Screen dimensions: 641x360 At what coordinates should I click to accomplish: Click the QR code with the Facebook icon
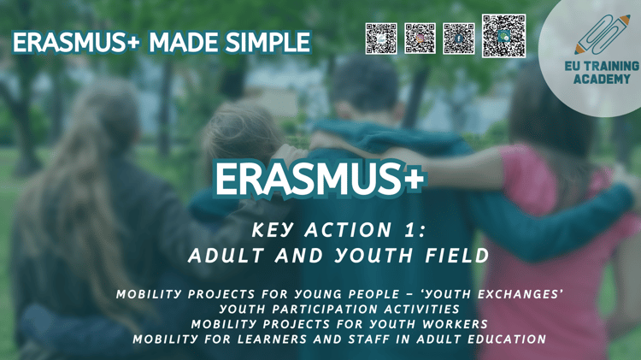click(x=459, y=38)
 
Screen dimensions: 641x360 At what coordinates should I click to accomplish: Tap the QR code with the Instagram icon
click(x=420, y=38)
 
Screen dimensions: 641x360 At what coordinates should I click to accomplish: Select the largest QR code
click(x=503, y=36)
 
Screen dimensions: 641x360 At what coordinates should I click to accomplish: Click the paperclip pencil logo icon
click(x=603, y=35)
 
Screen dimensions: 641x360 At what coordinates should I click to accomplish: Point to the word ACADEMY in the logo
click(x=602, y=79)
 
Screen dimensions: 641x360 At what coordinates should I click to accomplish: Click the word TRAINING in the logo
click(x=614, y=67)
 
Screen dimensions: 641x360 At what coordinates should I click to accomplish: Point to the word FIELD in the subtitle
click(x=457, y=256)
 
